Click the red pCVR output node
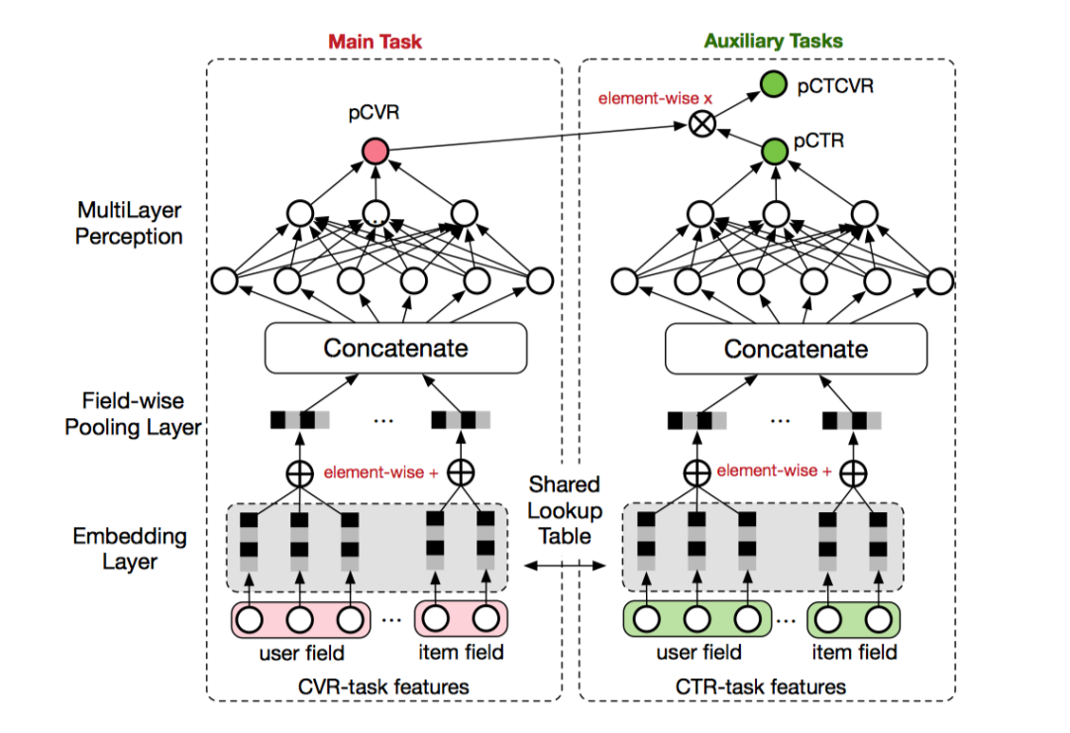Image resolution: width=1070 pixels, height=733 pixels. point(375,151)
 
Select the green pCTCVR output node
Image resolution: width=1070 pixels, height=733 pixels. point(775,86)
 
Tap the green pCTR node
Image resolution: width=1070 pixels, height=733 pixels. point(775,151)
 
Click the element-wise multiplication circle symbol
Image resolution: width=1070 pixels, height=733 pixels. point(702,124)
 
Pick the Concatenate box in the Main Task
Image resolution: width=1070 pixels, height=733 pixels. point(395,349)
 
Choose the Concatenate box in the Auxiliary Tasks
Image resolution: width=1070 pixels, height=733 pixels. point(796,349)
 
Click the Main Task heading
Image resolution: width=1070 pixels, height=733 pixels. point(375,42)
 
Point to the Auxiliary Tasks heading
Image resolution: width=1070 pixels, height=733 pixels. point(774,42)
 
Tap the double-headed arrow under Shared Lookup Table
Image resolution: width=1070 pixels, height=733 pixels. point(564,566)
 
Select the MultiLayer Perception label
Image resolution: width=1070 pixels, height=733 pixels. point(130,224)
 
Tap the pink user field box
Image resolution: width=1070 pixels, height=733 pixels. point(300,620)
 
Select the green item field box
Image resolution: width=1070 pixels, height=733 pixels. point(854,620)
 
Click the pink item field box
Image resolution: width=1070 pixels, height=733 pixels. point(459,620)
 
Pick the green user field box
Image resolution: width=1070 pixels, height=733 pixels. point(697,620)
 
